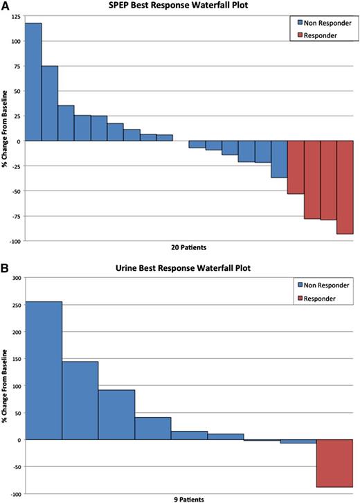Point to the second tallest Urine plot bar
click(x=80, y=400)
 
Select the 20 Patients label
click(x=189, y=247)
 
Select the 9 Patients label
click(x=189, y=498)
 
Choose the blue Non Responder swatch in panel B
click(x=298, y=284)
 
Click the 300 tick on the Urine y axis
click(x=15, y=277)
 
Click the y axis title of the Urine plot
click(x=5, y=385)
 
